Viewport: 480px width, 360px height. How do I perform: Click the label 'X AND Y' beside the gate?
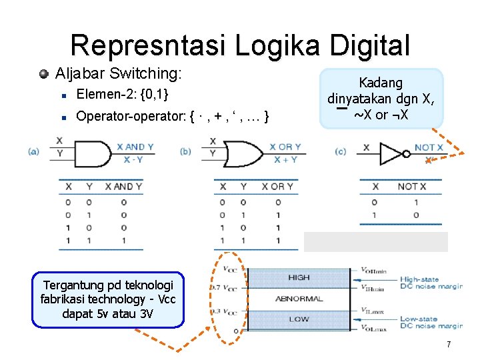[135, 147]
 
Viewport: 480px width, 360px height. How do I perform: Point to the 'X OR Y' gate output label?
[285, 147]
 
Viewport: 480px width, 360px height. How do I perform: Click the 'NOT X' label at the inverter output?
[429, 147]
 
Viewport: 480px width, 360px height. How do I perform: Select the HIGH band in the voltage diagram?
[299, 277]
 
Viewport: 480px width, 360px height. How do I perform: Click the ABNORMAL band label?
[299, 298]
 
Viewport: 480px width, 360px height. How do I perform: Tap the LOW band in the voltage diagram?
[299, 319]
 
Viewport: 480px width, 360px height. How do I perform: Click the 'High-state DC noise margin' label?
[431, 283]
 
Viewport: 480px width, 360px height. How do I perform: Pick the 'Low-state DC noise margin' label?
[431, 323]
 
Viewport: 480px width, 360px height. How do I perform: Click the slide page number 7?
[449, 345]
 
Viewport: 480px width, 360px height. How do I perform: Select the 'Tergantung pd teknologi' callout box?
[107, 299]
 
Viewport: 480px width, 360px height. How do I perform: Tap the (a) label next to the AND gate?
[33, 152]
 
